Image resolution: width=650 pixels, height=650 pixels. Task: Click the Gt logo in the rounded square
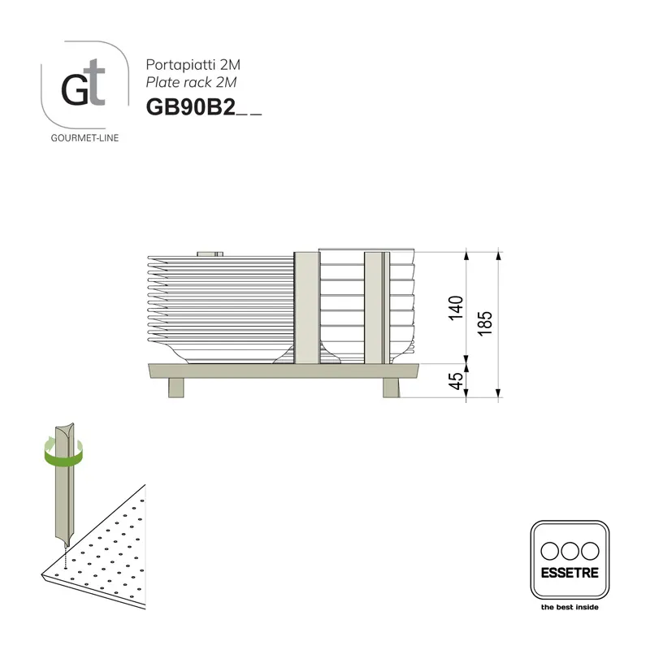tap(84, 88)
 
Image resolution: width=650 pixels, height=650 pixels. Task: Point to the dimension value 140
tap(456, 307)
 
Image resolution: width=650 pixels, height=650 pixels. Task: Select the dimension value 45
tap(456, 380)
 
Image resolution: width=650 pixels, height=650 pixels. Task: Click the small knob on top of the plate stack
tap(210, 253)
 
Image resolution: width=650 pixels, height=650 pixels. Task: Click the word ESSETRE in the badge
tap(569, 572)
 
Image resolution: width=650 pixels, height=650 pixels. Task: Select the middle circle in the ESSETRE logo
tap(569, 549)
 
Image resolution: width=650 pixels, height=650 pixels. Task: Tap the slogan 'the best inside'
tap(569, 607)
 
